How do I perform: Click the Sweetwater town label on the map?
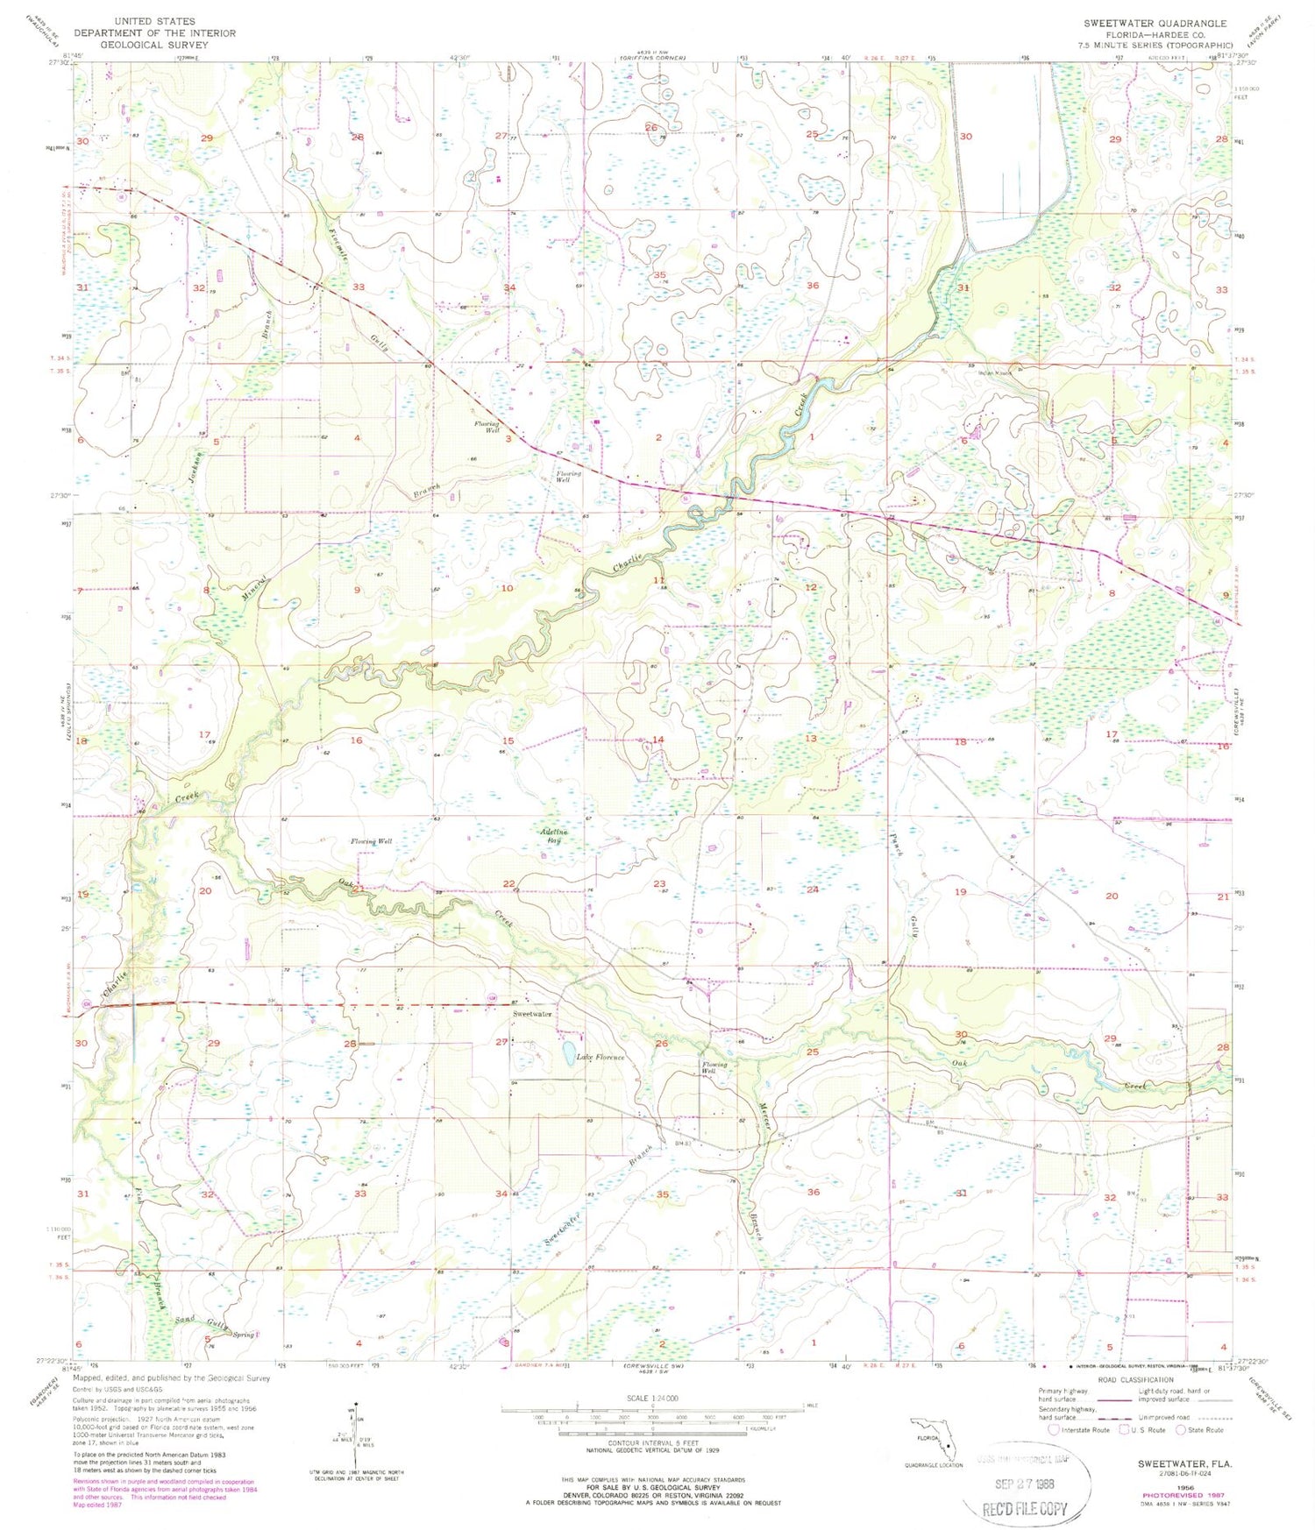click(532, 1014)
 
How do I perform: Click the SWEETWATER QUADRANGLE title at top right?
click(1155, 24)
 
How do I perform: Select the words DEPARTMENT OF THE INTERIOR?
click(154, 33)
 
